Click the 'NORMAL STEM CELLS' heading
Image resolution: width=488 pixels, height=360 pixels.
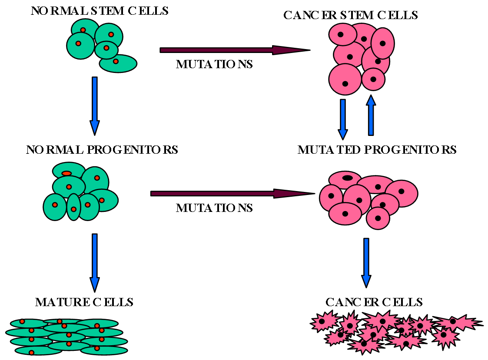pyautogui.click(x=100, y=11)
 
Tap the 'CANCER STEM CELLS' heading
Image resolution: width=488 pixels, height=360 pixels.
pyautogui.click(x=350, y=15)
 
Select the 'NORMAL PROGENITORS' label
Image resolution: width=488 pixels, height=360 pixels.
pyautogui.click(x=102, y=150)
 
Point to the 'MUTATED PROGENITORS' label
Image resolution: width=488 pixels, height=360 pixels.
pyautogui.click(x=377, y=150)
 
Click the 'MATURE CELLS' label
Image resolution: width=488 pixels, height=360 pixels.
pyautogui.click(x=84, y=302)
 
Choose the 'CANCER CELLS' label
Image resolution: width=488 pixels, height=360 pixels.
pyautogui.click(x=374, y=302)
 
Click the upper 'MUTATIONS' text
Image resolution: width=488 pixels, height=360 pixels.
pyautogui.click(x=214, y=64)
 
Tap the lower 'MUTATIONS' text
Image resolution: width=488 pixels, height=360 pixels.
pyautogui.click(x=214, y=208)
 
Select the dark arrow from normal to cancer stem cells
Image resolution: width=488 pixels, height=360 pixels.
pyautogui.click(x=235, y=50)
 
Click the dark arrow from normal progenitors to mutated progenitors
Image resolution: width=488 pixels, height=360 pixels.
pyautogui.click(x=232, y=194)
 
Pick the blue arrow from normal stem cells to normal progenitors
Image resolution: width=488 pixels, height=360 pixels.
pyautogui.click(x=95, y=106)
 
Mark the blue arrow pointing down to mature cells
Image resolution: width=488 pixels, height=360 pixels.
pyautogui.click(x=95, y=263)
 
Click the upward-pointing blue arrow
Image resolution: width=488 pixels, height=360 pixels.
pyautogui.click(x=371, y=115)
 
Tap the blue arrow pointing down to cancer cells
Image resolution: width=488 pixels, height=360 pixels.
pyautogui.click(x=366, y=263)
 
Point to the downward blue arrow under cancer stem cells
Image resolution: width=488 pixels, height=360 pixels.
pyautogui.click(x=343, y=119)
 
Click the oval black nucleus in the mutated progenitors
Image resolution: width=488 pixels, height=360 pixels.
pyautogui.click(x=347, y=178)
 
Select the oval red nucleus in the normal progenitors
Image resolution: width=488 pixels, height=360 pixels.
pyautogui.click(x=66, y=173)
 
